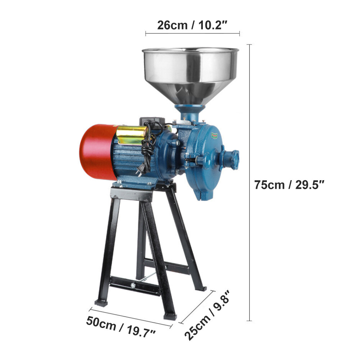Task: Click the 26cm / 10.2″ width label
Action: pos(192,25)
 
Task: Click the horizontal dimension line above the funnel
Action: pos(192,34)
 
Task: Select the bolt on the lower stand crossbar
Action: pos(134,286)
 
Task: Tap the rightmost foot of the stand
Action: pos(202,288)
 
